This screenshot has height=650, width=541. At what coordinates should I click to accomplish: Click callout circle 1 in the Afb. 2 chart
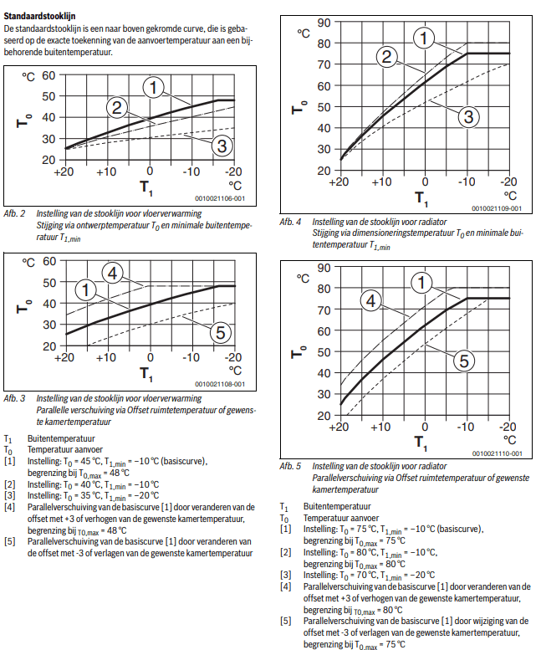(x=153, y=85)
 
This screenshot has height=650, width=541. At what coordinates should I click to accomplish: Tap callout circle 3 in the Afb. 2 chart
(x=220, y=146)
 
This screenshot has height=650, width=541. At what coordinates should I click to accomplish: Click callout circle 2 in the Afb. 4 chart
(x=386, y=57)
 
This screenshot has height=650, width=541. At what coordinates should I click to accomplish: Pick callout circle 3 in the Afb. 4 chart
(x=469, y=116)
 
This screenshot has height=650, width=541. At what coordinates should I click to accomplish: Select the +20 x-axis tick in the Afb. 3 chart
(x=62, y=358)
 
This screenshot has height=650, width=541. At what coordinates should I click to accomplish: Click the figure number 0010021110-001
(x=497, y=453)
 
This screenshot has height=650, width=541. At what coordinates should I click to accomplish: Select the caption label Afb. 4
(x=291, y=222)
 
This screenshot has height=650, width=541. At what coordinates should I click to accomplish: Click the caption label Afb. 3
(x=15, y=398)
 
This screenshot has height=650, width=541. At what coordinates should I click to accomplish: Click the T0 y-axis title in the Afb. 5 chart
(x=299, y=351)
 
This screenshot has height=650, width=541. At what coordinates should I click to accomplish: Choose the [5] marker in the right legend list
(x=286, y=622)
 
